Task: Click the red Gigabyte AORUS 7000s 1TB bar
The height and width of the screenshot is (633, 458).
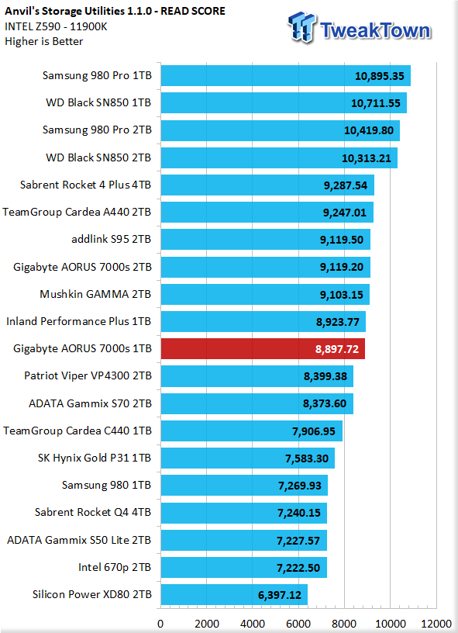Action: coord(263,349)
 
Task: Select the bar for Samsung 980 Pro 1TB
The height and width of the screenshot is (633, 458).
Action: coord(286,76)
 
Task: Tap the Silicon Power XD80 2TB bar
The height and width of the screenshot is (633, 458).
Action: coord(234,595)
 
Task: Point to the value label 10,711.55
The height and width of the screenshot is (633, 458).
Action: coord(376,103)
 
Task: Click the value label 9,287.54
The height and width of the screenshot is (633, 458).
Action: coord(346,185)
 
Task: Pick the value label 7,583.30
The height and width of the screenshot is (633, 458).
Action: coord(307,458)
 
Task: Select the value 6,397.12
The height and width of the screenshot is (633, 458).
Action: coord(280,595)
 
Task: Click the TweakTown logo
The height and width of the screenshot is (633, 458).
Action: coord(360,27)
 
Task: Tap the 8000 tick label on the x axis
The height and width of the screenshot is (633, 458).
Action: coord(344,624)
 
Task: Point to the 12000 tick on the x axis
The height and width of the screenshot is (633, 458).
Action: coord(436,624)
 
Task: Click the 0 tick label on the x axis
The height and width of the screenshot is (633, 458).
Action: coord(161,624)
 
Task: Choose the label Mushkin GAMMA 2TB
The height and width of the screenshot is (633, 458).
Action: coord(95,294)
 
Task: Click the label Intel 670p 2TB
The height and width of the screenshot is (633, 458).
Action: coord(115,567)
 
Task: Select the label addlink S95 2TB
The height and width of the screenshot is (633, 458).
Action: coord(112,240)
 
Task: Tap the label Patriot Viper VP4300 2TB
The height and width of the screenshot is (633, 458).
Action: coord(88,375)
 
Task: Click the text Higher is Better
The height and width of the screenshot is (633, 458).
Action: coord(44,42)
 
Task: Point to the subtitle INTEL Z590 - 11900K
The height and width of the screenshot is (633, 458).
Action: coord(56,26)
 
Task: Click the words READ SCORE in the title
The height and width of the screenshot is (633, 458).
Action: coord(193,12)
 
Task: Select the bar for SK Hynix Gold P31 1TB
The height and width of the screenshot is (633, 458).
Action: coord(248,458)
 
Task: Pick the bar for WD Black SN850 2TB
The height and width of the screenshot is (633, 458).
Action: coord(280,157)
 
